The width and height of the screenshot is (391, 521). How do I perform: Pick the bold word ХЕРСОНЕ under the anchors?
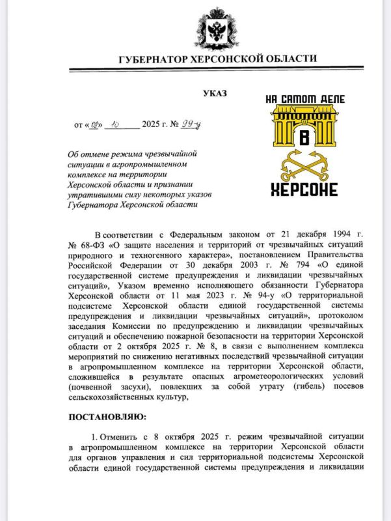[x=304, y=190]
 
